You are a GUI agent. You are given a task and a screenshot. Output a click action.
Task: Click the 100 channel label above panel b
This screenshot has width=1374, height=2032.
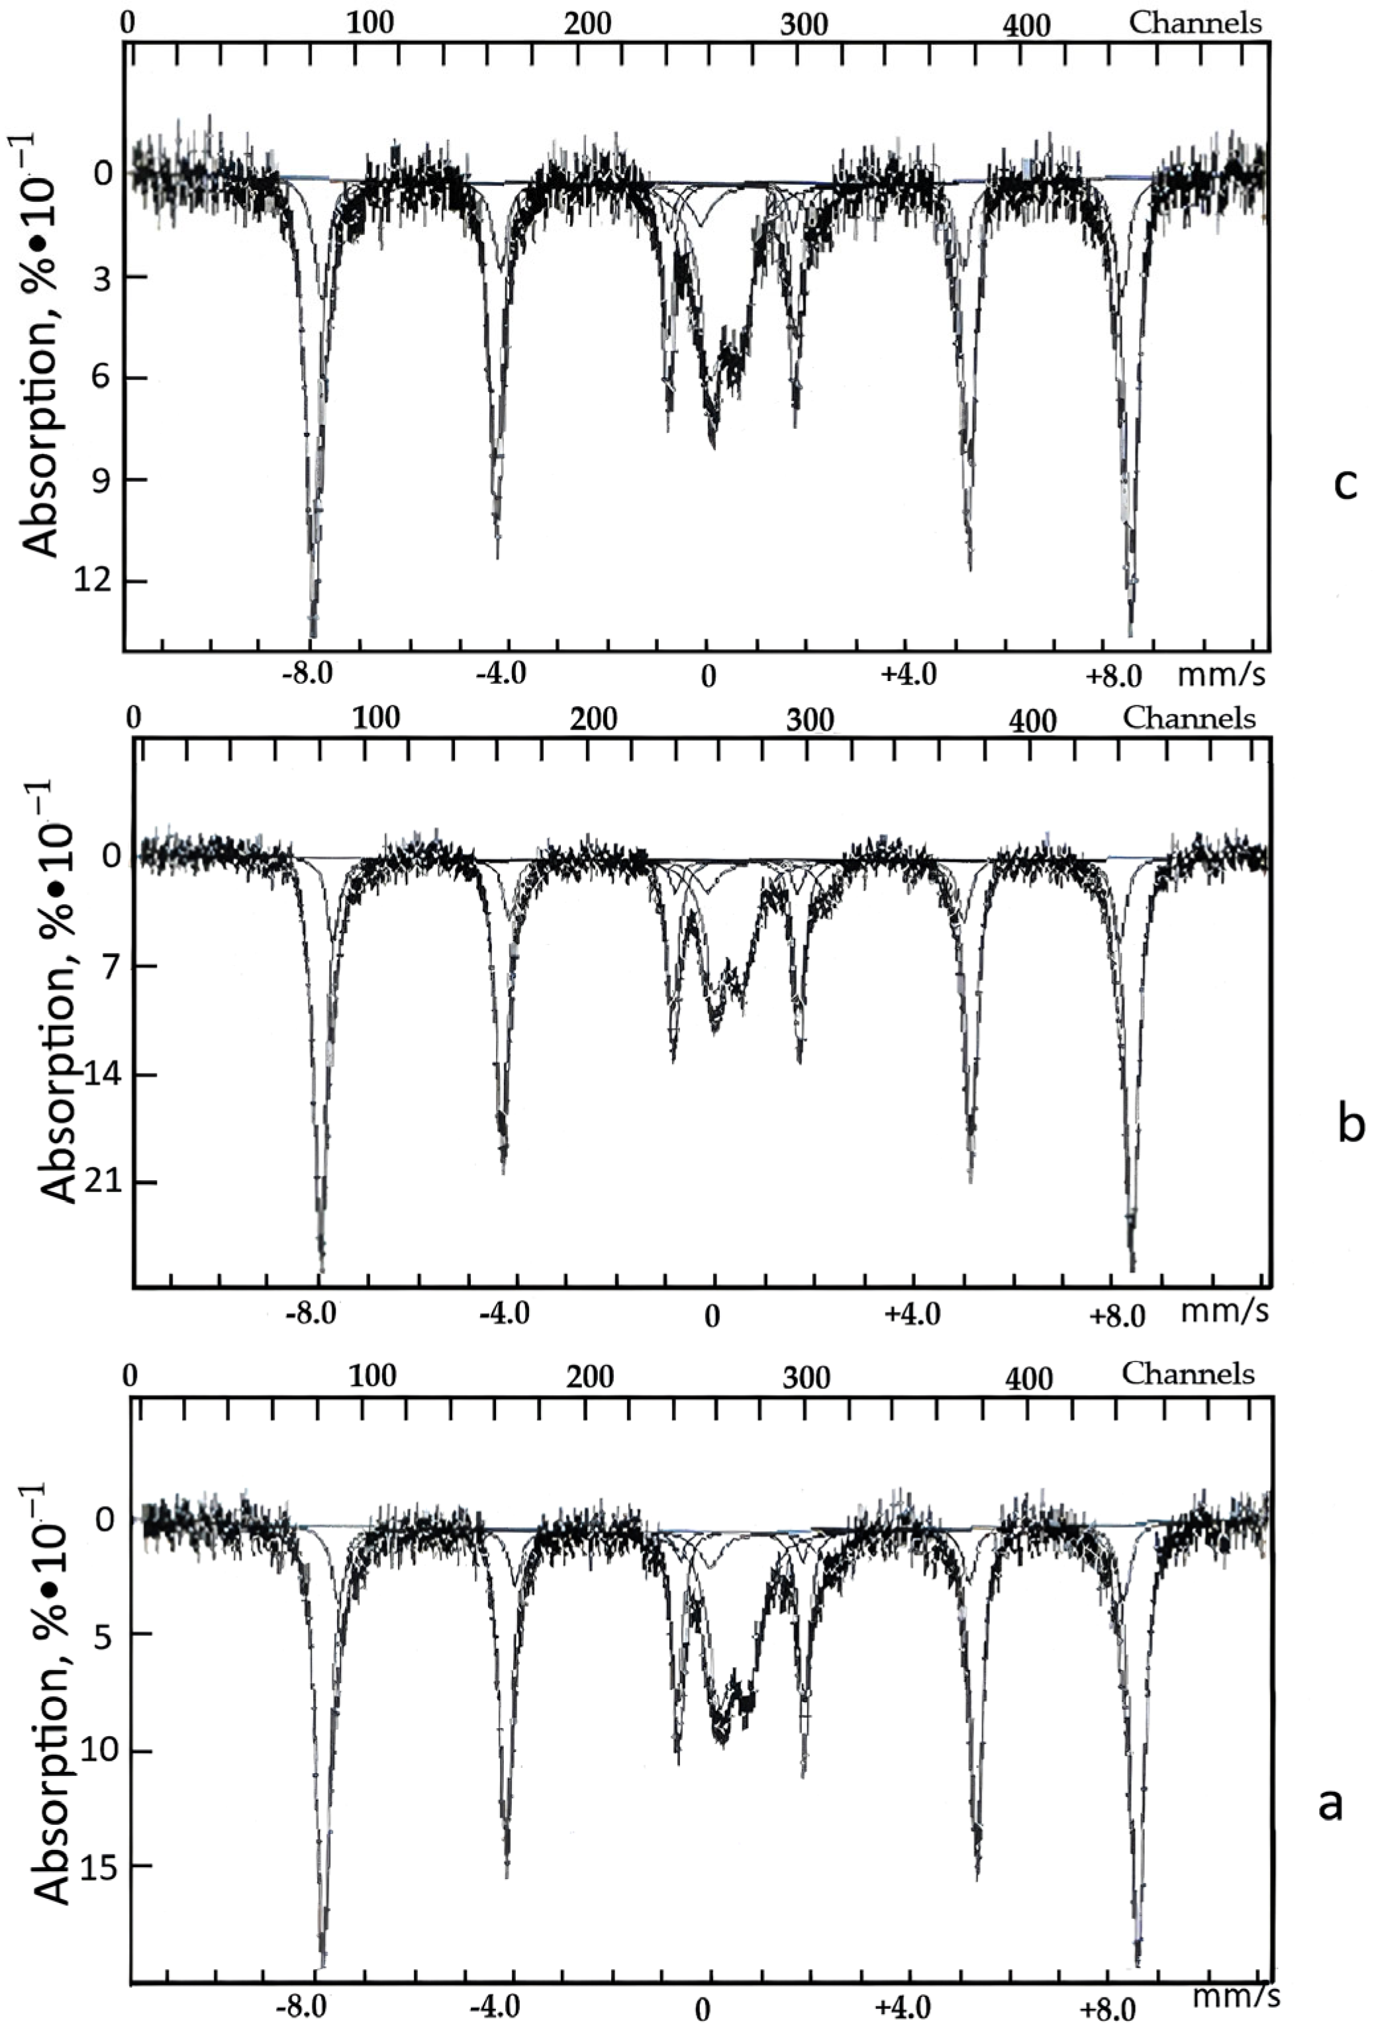point(376,719)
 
